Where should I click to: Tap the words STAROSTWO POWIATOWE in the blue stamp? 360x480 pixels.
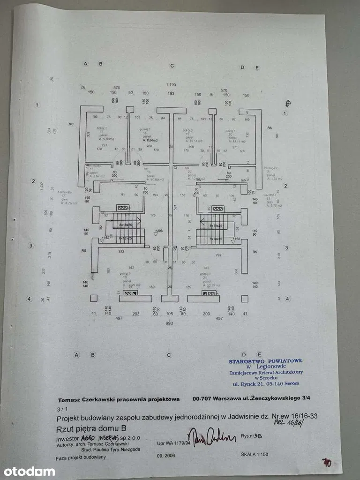pos(266,361)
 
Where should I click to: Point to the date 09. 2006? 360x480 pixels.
pos(166,455)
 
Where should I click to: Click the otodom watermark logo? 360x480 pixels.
pos(29,471)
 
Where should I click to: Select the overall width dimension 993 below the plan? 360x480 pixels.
pos(169,323)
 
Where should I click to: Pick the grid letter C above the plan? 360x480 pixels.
pos(172,66)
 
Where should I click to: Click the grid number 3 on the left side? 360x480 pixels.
pos(31,245)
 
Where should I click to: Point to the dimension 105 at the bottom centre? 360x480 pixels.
pos(170,313)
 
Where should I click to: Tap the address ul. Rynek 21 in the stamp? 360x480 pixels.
pos(250,383)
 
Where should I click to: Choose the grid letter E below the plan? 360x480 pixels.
pos(257,354)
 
